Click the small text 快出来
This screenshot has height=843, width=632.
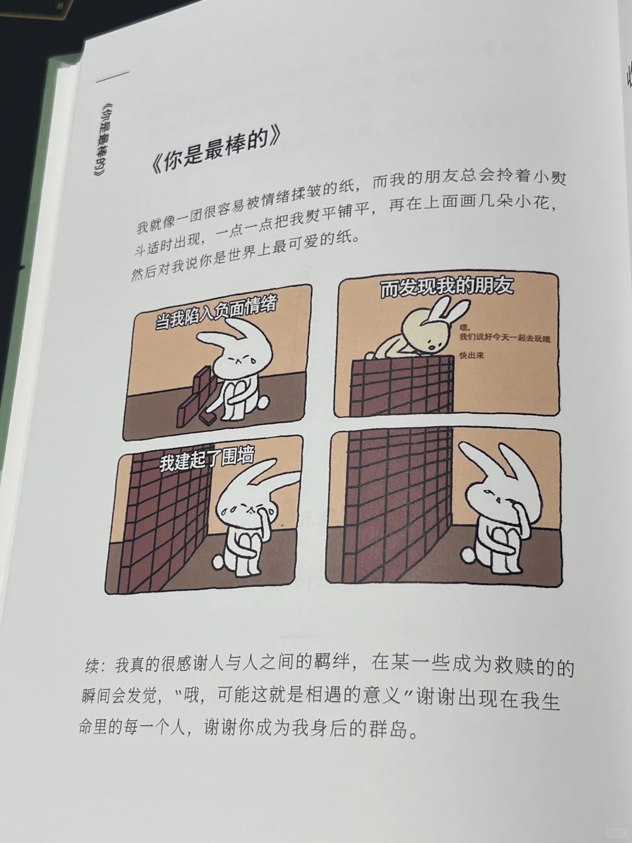(470, 355)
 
